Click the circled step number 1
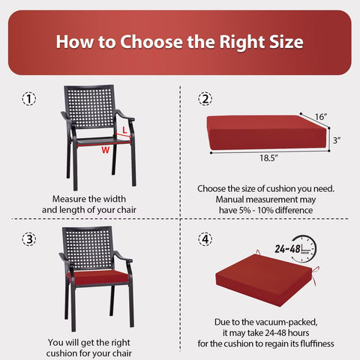[29, 99]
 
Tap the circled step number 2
[205, 99]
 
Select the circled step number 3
[29, 239]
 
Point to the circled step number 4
[205, 239]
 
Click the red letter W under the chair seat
[106, 150]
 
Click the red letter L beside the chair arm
[124, 130]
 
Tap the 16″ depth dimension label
[321, 116]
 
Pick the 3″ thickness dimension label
[337, 140]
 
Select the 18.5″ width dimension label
[268, 158]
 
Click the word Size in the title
[286, 42]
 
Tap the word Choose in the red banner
[151, 42]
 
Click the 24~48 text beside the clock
[287, 249]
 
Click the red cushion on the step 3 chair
[99, 277]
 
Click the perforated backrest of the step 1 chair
[91, 106]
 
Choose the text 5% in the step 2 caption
[244, 210]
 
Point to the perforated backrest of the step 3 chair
[88, 248]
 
